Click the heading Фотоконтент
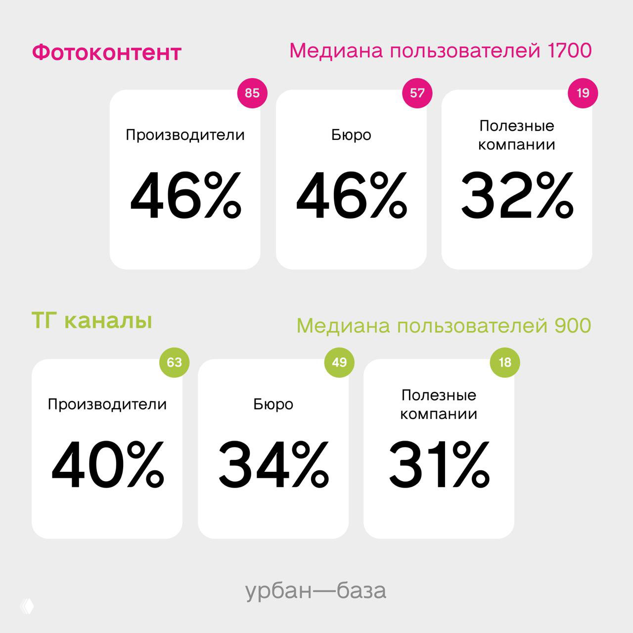click(106, 52)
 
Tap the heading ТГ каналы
click(91, 321)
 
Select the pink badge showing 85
click(252, 93)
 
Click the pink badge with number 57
click(417, 93)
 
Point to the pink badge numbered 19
click(583, 93)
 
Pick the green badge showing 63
click(174, 362)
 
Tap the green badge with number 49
click(339, 362)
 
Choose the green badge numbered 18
click(504, 362)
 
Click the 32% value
click(517, 195)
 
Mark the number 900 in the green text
click(573, 326)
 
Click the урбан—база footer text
click(316, 591)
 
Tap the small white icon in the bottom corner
click(27, 607)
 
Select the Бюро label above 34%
click(273, 405)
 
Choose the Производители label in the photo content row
click(185, 135)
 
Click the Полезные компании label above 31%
click(439, 405)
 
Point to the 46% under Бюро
click(351, 195)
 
